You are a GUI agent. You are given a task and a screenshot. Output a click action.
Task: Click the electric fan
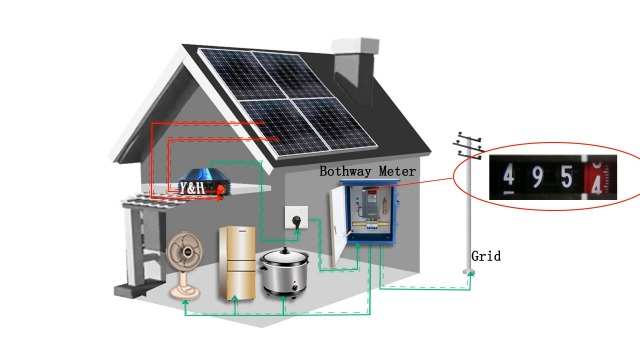point(185,255)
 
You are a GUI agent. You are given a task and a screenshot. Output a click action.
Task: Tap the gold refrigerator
point(238,262)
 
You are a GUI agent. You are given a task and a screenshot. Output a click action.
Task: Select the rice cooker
point(284,272)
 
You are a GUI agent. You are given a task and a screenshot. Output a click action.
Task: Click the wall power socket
point(297,216)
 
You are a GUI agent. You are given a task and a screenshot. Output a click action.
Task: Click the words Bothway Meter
point(367,171)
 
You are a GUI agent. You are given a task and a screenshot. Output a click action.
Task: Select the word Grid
point(486,257)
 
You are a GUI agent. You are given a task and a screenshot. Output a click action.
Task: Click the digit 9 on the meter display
point(537,179)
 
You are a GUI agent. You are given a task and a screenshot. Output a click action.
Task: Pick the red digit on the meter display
point(597,182)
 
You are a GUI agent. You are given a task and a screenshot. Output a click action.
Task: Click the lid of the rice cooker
point(283,258)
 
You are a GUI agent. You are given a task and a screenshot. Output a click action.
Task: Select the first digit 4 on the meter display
point(509,179)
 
